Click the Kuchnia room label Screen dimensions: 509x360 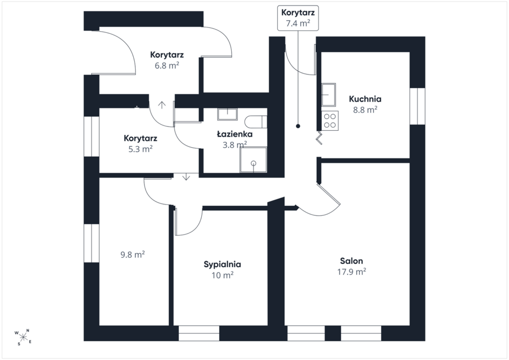tap(365, 98)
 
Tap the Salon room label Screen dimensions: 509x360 tap(351, 261)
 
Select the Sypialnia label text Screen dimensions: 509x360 tap(222, 264)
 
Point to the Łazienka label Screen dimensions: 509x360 tap(235, 134)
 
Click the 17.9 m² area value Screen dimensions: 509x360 tap(351, 271)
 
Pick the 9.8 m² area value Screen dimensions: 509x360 tap(132, 254)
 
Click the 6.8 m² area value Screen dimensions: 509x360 tap(167, 65)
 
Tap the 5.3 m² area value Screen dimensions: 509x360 tap(141, 149)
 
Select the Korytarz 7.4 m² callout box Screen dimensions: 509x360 tap(298, 18)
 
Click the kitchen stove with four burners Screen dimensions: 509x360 tap(330, 121)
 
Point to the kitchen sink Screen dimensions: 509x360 tap(329, 95)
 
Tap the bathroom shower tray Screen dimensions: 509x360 tap(253, 160)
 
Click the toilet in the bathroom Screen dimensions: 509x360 tap(256, 122)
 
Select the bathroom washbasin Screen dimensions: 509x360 tap(227, 114)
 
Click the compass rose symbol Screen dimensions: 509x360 tap(23, 337)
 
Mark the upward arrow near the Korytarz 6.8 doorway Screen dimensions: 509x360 tap(162, 104)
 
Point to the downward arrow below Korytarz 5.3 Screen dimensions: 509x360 tap(186, 177)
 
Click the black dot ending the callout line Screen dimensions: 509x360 tap(298, 126)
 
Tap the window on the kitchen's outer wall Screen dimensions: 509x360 tap(417, 106)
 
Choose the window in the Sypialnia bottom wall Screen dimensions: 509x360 tap(199, 333)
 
